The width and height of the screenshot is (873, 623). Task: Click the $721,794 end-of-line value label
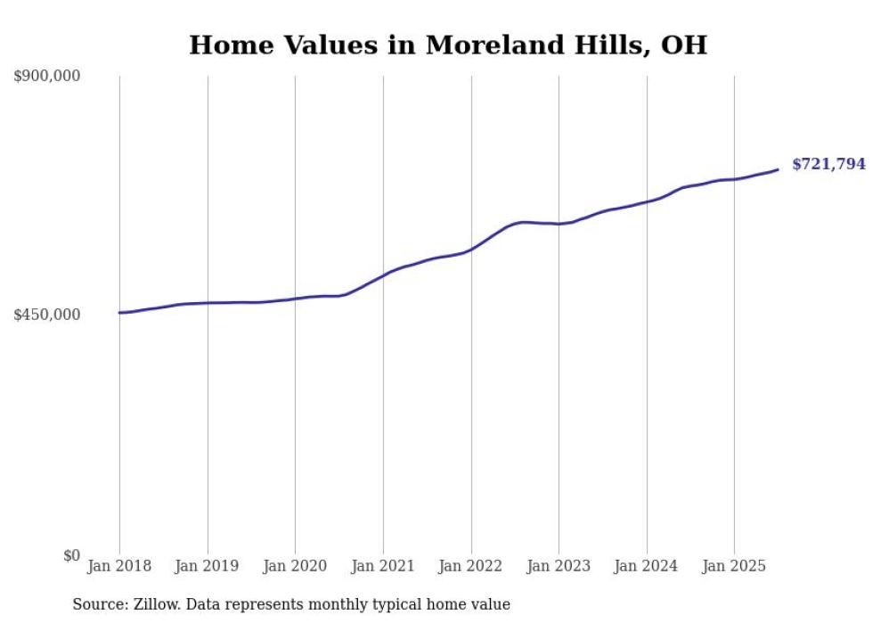point(828,164)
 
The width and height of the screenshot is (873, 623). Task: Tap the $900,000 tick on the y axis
point(47,76)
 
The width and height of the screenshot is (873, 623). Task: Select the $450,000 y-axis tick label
point(47,315)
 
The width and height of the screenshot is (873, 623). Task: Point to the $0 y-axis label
point(71,555)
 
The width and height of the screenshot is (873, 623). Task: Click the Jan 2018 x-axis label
point(119,566)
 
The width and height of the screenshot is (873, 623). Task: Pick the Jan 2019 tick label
point(208,566)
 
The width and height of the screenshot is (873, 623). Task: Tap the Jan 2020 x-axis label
point(295,566)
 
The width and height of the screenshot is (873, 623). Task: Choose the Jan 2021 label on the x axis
point(383,566)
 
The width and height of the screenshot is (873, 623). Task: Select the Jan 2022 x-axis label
point(471,566)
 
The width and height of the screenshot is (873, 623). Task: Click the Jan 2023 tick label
point(559,566)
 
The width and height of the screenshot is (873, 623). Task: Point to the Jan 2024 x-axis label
point(647,566)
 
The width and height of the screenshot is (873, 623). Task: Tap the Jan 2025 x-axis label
point(734,566)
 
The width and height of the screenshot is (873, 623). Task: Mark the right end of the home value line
point(778,169)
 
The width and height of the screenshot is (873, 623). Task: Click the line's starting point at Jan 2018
point(119,313)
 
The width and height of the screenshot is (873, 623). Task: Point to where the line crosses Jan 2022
point(471,250)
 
